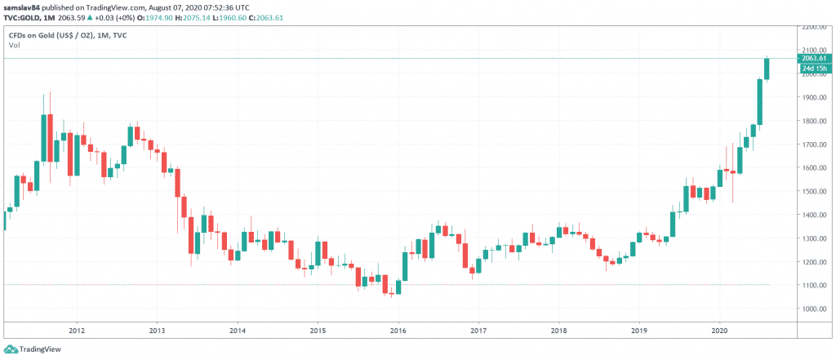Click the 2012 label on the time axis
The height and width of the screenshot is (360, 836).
click(x=77, y=331)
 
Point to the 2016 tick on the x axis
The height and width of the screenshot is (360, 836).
click(x=398, y=331)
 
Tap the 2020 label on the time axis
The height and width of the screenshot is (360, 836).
click(x=720, y=331)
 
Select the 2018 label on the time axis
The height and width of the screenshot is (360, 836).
click(x=559, y=331)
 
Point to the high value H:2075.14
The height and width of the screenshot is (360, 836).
click(x=178, y=15)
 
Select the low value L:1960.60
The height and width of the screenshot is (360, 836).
click(x=219, y=15)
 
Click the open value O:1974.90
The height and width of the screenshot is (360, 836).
click(x=137, y=15)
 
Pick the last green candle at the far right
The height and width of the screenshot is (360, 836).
click(x=767, y=69)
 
